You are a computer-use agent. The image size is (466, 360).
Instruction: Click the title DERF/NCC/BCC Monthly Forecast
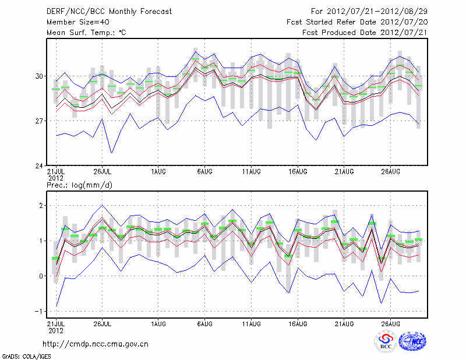(109, 12)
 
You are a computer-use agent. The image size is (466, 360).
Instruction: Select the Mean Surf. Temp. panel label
(86, 33)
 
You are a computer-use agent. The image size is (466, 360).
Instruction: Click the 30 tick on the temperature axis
(38, 76)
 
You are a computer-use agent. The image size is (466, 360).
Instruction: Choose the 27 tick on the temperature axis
(38, 121)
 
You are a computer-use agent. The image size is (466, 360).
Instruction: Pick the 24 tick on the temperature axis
(38, 165)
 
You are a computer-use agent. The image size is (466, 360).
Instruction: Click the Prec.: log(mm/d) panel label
(82, 185)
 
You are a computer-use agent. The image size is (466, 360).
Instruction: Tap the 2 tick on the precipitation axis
(41, 206)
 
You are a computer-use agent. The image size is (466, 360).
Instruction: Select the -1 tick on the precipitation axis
(38, 311)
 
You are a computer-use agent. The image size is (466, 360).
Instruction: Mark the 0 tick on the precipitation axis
(41, 276)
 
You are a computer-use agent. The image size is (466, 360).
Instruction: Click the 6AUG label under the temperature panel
(204, 171)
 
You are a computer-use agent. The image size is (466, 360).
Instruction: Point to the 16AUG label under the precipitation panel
(297, 323)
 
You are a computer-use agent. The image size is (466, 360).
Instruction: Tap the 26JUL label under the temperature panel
(103, 171)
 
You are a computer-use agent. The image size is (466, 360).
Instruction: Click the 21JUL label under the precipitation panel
(56, 323)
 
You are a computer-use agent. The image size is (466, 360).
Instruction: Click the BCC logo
(386, 341)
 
